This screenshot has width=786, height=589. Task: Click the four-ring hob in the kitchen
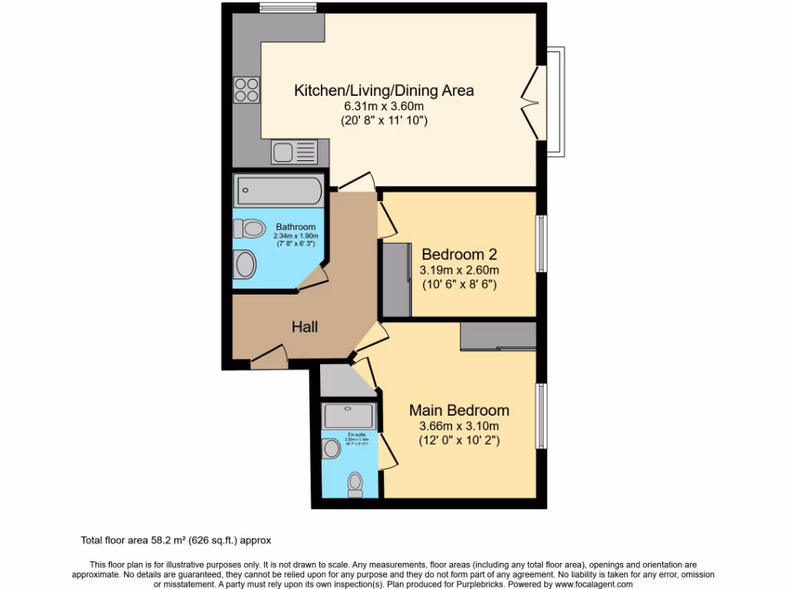pyautogui.click(x=246, y=90)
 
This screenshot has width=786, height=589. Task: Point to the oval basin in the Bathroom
pyautogui.click(x=246, y=265)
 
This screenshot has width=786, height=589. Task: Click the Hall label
pyautogui.click(x=305, y=327)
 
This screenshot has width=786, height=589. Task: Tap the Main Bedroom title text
pyautogui.click(x=459, y=410)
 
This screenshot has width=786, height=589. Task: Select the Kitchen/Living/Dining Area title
pyautogui.click(x=384, y=90)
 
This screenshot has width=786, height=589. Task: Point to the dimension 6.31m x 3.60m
pyautogui.click(x=384, y=107)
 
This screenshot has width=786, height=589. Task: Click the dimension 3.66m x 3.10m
pyautogui.click(x=459, y=426)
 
